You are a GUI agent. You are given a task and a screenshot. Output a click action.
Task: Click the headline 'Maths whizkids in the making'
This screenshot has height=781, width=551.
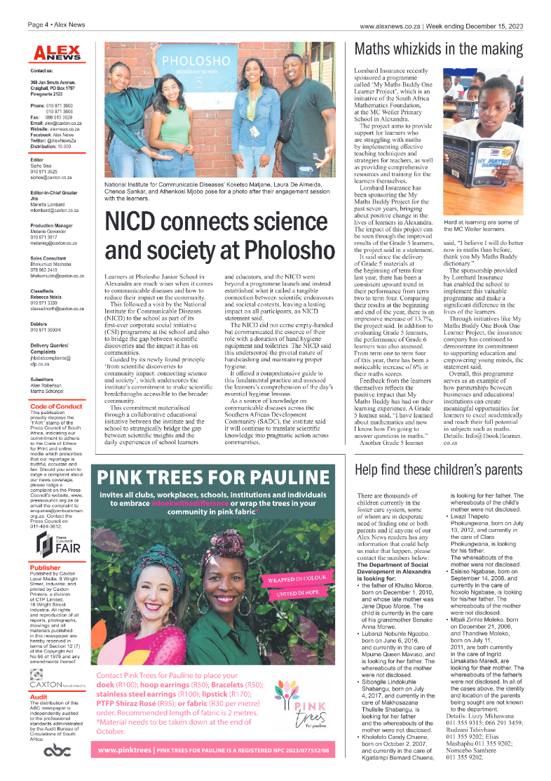click(439, 49)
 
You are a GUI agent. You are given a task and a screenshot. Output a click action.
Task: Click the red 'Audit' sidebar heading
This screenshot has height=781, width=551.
click(39, 697)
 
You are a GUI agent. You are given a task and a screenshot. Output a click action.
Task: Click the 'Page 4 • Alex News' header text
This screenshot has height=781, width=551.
click(56, 25)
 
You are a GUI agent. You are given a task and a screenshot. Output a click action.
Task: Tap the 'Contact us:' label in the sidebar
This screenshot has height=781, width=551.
click(41, 71)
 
